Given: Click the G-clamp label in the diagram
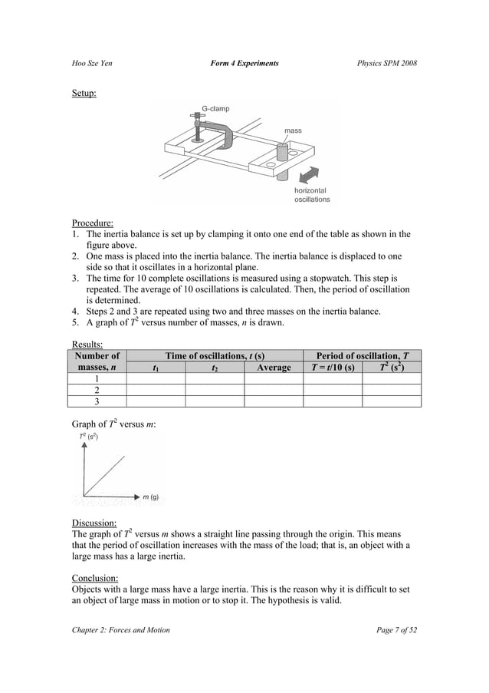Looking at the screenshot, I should pos(215,109).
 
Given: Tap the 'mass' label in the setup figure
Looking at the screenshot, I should pos(293,131).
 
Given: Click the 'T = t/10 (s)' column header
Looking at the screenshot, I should pos(332,368).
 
